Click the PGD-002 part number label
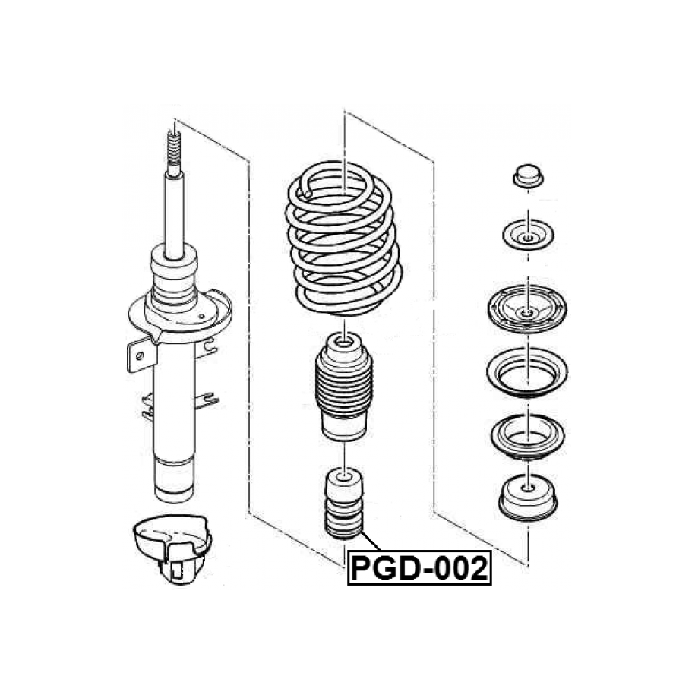point(419,568)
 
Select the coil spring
point(343,239)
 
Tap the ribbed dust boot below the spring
point(343,386)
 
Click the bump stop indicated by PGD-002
point(344,503)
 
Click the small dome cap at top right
point(528,176)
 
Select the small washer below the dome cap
point(528,235)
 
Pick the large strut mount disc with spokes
point(526,309)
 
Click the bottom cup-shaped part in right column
point(527,498)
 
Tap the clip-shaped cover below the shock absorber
point(172,548)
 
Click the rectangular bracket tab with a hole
point(141,355)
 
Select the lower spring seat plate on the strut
point(179,315)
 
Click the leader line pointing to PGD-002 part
point(371,542)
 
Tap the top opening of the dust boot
point(343,342)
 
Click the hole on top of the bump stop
point(343,476)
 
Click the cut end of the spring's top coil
point(307,193)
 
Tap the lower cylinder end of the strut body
point(174,481)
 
